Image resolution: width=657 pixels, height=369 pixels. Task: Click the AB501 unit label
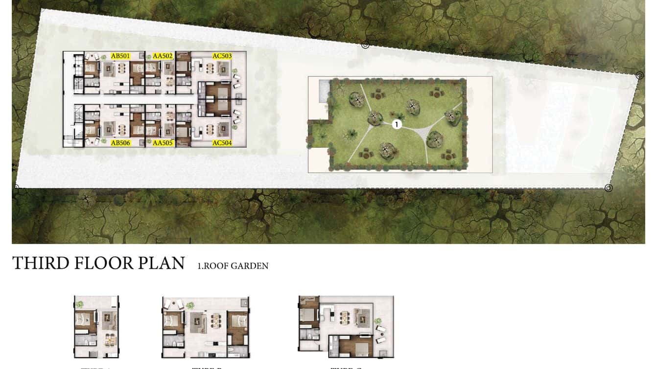(x=120, y=56)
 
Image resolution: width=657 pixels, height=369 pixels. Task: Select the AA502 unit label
(x=163, y=56)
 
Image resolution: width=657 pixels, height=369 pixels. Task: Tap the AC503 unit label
(x=222, y=56)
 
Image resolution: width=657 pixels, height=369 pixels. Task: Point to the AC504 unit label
(x=222, y=143)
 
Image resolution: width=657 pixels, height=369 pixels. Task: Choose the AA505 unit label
(x=163, y=143)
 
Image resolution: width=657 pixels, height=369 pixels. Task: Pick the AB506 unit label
(x=120, y=143)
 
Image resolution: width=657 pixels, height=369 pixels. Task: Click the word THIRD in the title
(x=40, y=263)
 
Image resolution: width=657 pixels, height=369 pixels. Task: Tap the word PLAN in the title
(x=162, y=263)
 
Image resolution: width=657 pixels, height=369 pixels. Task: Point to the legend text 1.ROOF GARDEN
(x=233, y=266)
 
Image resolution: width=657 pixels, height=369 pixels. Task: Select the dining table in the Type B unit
(x=215, y=321)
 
